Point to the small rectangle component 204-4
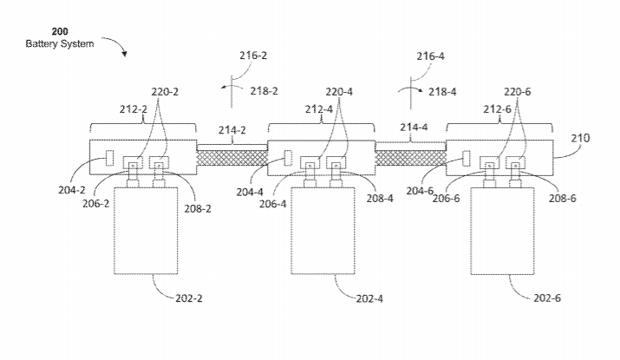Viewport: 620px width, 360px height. [287, 159]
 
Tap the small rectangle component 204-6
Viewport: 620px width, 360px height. [466, 159]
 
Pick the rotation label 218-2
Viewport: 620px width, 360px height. [264, 90]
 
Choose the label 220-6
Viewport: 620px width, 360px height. [517, 90]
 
